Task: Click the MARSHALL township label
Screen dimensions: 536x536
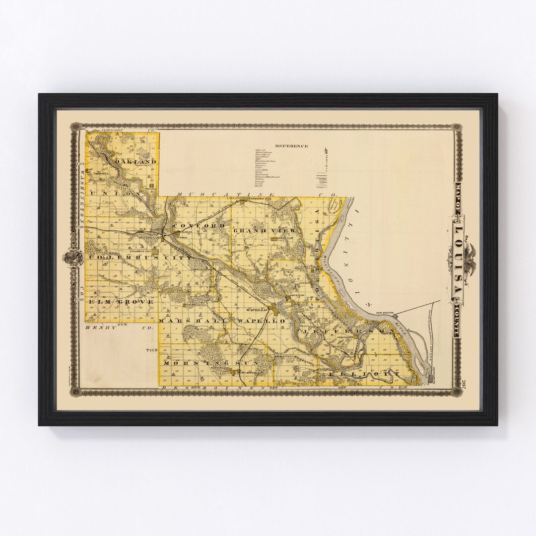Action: (192, 322)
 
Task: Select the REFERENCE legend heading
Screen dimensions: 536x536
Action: (292, 146)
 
